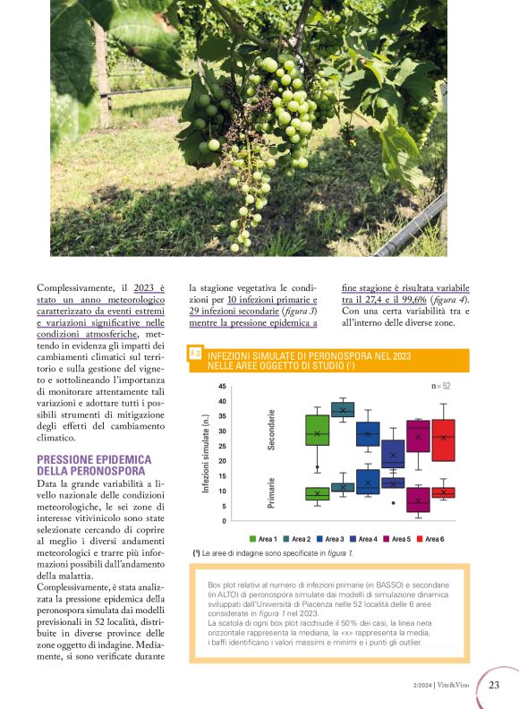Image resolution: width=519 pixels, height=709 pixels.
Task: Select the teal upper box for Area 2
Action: coord(343,410)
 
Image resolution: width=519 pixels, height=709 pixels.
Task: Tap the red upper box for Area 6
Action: coord(444,440)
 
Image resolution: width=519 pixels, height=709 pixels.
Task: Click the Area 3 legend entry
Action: coord(330,539)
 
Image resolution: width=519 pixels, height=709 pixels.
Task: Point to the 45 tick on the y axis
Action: coord(222,387)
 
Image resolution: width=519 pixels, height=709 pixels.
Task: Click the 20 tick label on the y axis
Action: coord(222,461)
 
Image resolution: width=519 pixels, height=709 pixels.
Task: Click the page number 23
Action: coord(494,686)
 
